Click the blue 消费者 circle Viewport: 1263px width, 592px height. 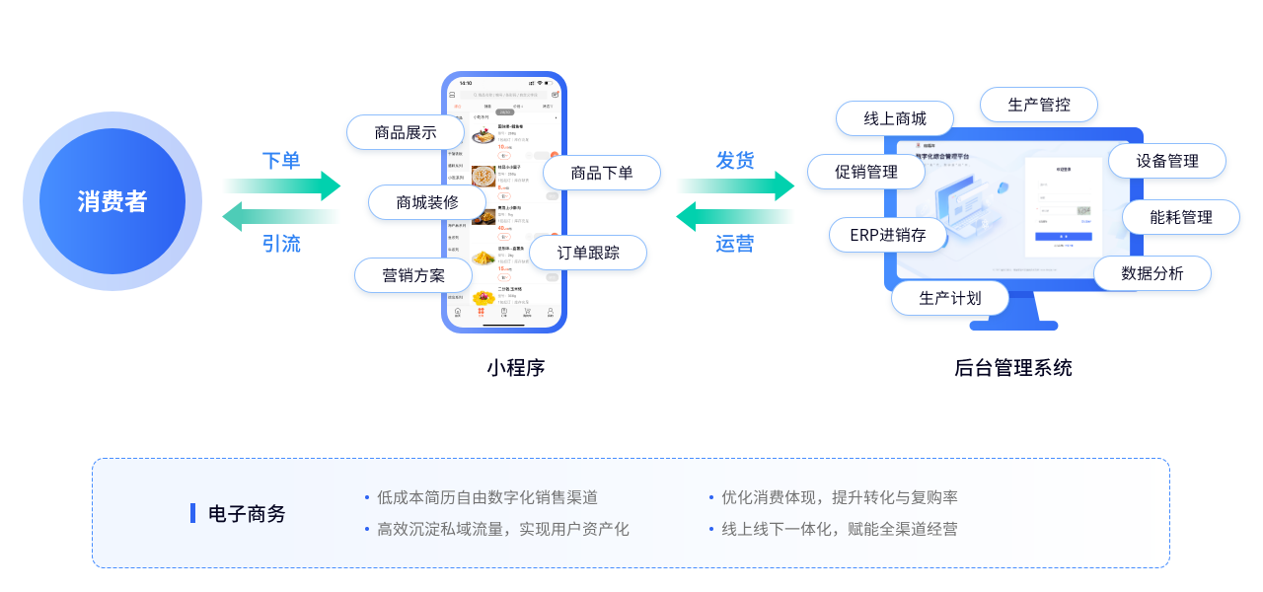[112, 201]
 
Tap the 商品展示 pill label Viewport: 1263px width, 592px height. [406, 132]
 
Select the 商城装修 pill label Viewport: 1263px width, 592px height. [427, 202]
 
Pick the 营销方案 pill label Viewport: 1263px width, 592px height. [413, 275]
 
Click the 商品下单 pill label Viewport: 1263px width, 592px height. [602, 173]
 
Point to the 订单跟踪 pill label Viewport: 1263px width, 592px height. [588, 253]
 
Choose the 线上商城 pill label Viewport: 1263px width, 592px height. [895, 118]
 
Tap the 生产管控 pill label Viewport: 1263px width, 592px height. [1039, 105]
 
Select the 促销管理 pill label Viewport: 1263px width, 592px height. [866, 172]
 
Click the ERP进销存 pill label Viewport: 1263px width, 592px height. [888, 235]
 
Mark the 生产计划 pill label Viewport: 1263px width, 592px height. [950, 298]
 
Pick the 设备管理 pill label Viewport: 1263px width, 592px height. [1167, 161]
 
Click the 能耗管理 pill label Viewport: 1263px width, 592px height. [1181, 217]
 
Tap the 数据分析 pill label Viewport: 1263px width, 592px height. [1152, 273]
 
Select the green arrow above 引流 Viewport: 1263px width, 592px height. [280, 216]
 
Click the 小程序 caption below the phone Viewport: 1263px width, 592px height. [515, 368]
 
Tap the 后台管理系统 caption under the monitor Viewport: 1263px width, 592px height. [1012, 368]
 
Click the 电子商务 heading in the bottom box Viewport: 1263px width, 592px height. [247, 513]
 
